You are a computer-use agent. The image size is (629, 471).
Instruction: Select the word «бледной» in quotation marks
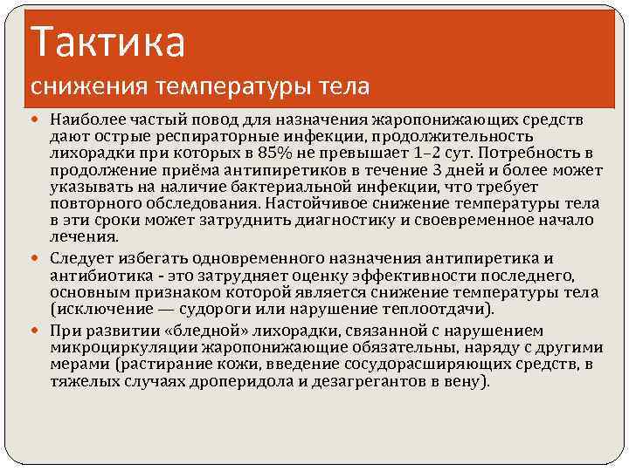[x=216, y=331]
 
